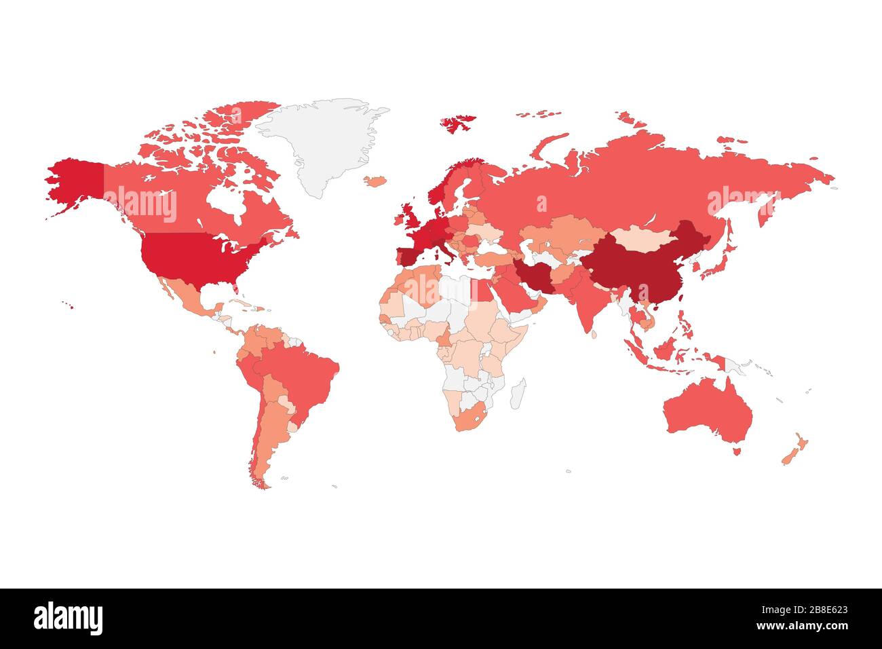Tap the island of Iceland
tap(375, 181)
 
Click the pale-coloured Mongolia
tap(645, 237)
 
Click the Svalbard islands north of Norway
tap(458, 123)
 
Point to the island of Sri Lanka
tap(594, 334)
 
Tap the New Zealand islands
tap(794, 451)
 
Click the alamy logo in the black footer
tap(69, 618)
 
